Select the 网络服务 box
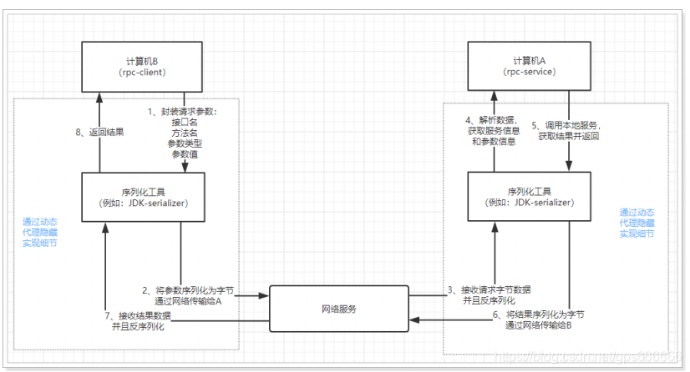338,309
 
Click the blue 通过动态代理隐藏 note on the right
637,223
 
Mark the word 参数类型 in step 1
185,143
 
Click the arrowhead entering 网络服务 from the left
266,295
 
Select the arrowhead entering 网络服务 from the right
412,319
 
